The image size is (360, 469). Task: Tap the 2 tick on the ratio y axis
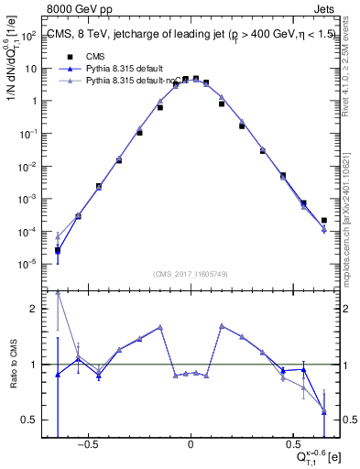pyautogui.click(x=29, y=310)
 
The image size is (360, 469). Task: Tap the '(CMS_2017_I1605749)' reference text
pyautogui.click(x=190, y=275)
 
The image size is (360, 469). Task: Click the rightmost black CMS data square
pyautogui.click(x=324, y=220)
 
